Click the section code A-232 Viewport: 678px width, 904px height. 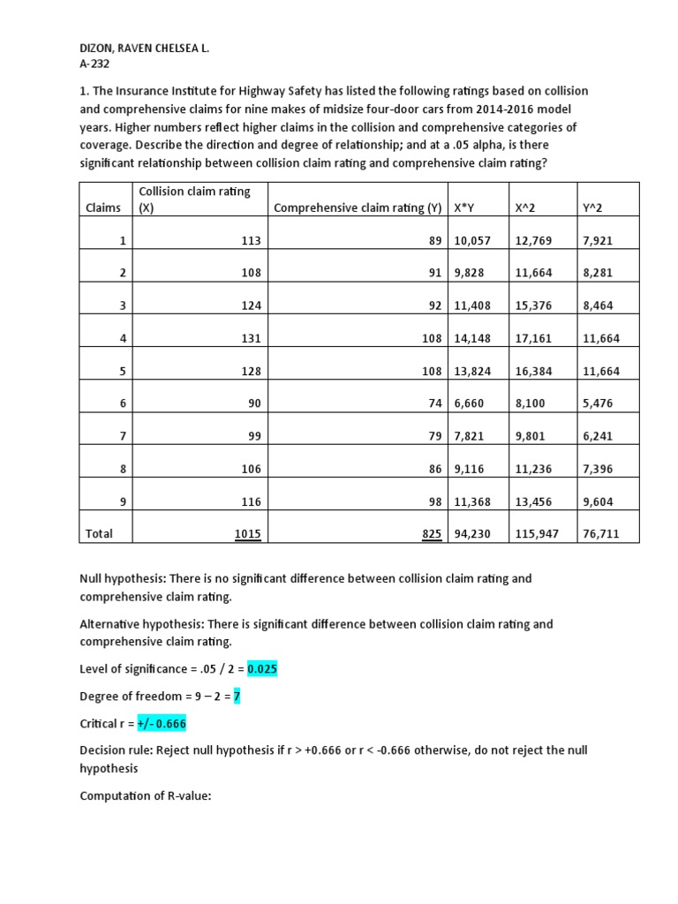[95, 64]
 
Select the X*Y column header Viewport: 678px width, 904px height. [463, 207]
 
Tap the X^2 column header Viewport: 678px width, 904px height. [527, 207]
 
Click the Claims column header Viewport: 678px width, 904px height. [103, 207]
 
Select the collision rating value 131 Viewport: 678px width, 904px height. [251, 338]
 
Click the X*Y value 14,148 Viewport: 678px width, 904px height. [471, 338]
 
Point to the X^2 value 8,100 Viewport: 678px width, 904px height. [530, 403]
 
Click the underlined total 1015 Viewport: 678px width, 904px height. [248, 534]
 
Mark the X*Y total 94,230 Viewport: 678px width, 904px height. [471, 534]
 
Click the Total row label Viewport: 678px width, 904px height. [99, 534]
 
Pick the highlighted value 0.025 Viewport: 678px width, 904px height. [262, 669]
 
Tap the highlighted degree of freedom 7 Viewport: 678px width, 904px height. [237, 697]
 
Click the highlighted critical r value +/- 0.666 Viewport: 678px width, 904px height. [162, 724]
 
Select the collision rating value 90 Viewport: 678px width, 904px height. [254, 403]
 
